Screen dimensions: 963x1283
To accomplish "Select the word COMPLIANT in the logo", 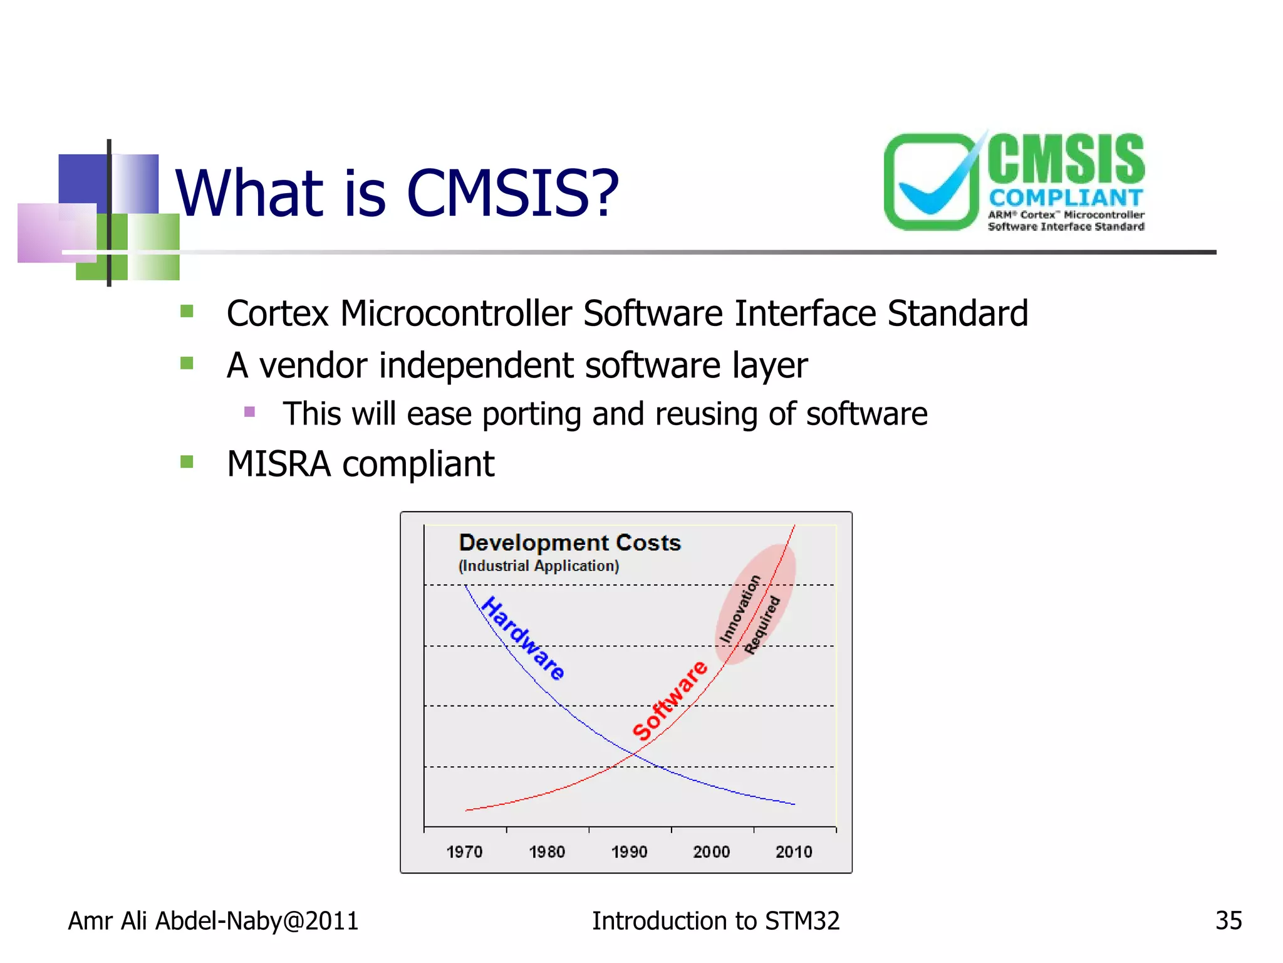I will point(1066,197).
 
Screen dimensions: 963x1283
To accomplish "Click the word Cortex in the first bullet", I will point(277,313).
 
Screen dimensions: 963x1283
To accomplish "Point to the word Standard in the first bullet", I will point(957,313).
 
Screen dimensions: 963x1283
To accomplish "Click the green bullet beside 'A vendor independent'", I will point(187,364).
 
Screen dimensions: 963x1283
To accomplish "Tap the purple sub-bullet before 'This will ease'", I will point(249,412).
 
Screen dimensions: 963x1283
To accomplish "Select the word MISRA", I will point(279,465).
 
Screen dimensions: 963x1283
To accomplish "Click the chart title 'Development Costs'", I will point(569,542).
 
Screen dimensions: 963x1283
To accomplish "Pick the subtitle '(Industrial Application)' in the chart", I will point(538,566).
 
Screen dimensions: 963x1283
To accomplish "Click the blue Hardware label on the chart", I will point(523,638).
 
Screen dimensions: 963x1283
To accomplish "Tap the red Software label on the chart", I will point(669,700).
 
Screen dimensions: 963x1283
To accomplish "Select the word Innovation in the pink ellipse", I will point(740,609).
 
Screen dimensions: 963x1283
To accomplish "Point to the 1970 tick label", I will point(464,852).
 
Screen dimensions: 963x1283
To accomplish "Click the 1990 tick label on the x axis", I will point(629,852).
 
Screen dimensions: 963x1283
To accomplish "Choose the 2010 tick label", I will point(794,852).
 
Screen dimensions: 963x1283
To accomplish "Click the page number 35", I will point(1228,921).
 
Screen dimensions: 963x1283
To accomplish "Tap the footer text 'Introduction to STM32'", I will point(715,921).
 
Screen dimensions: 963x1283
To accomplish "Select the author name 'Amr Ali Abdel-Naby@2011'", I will point(213,921).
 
